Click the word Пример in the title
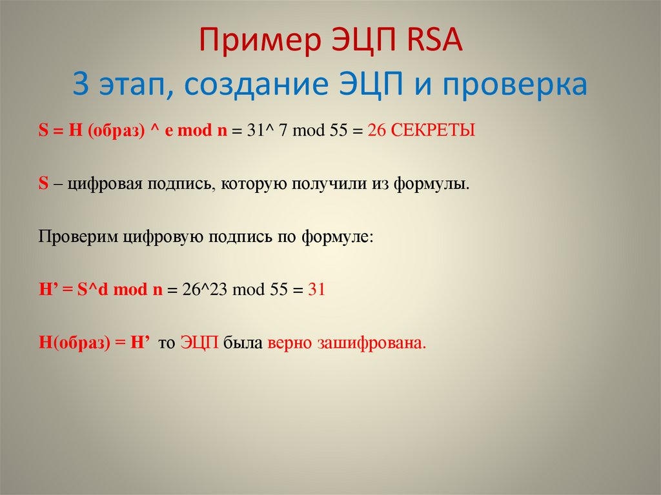click(254, 43)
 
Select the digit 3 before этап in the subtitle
click(81, 85)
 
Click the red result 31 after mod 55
click(316, 290)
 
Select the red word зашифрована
click(372, 343)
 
